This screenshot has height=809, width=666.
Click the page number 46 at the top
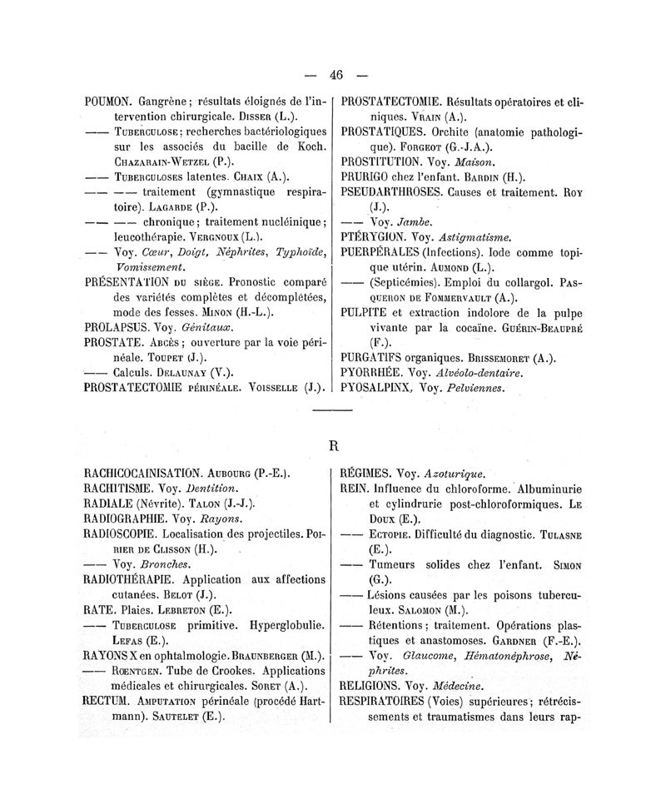tap(335, 75)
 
